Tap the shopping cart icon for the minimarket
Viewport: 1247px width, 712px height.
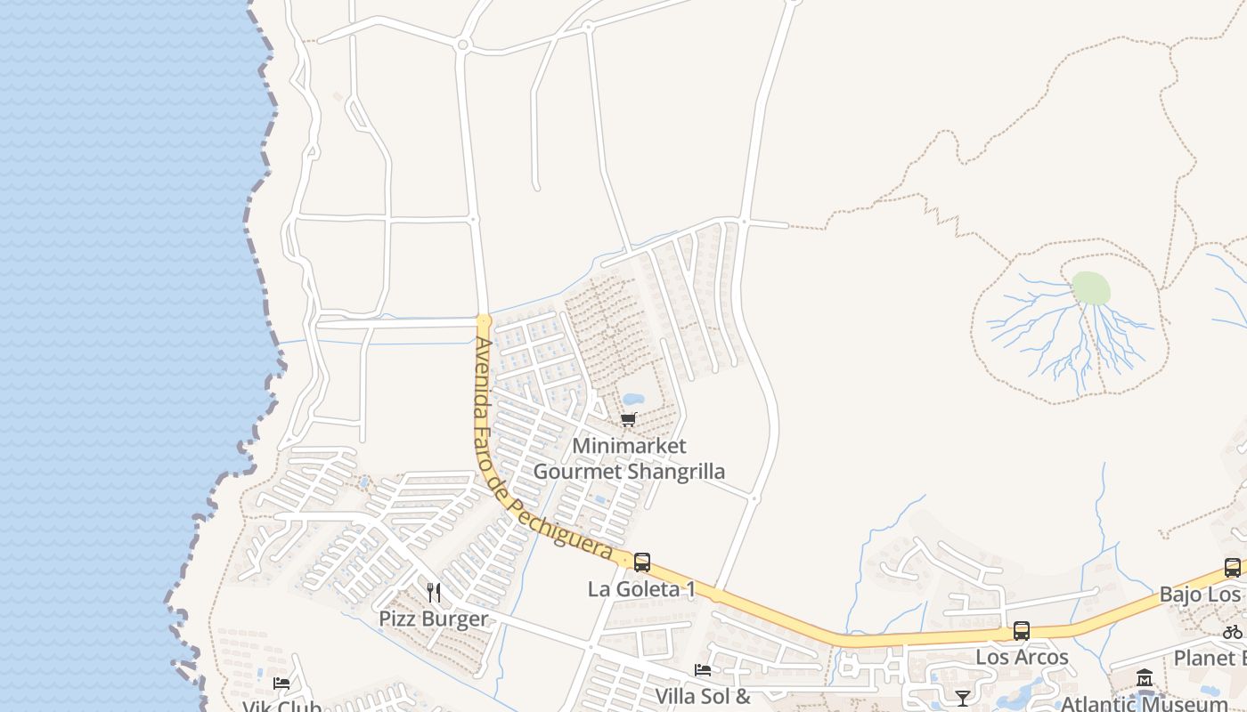tap(629, 419)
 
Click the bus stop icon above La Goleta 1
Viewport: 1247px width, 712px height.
tap(641, 562)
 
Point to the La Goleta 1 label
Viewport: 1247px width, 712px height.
tap(641, 589)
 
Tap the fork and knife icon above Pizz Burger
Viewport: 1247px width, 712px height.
tap(434, 593)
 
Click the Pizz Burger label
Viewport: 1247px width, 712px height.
tap(434, 619)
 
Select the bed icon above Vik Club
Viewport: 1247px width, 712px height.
tap(281, 684)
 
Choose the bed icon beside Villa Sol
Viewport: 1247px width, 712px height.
tap(703, 670)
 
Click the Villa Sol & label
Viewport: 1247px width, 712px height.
tap(703, 695)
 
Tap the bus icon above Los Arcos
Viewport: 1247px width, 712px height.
tap(1022, 631)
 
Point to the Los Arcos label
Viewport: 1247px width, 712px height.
tap(1022, 657)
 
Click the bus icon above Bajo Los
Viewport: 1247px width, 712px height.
tap(1233, 568)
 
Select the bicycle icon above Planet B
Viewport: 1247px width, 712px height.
tap(1233, 632)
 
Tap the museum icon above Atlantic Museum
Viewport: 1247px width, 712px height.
tap(1145, 678)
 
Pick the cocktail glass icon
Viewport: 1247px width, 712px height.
tap(962, 698)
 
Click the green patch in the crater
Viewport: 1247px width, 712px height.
tap(1091, 288)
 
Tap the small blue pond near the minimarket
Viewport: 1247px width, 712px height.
tap(633, 399)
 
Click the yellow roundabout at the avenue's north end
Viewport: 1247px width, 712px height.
tap(484, 320)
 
